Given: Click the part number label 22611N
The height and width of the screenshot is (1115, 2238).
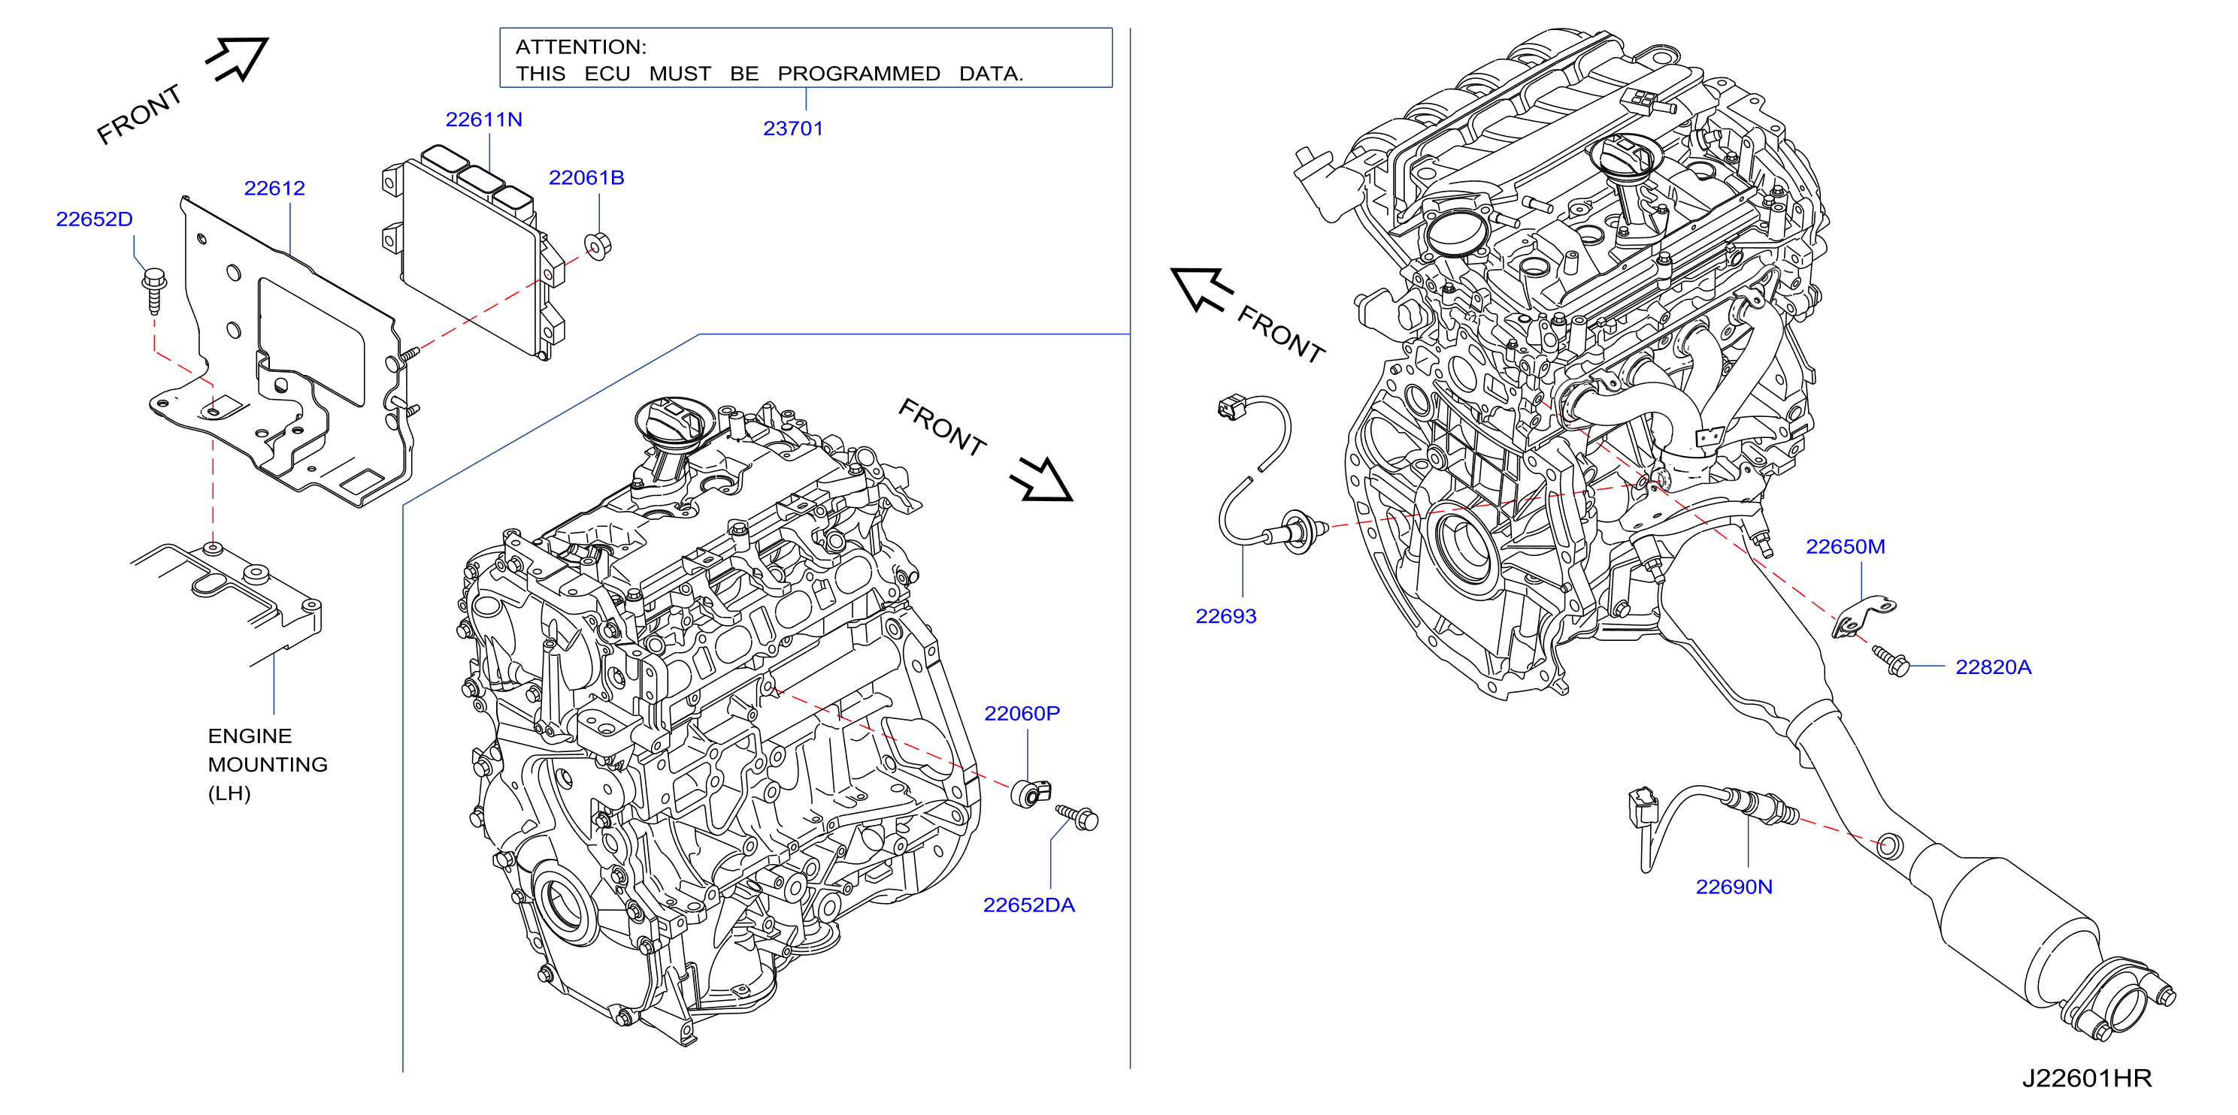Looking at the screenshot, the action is point(483,119).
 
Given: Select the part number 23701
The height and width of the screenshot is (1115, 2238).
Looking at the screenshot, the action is point(792,128).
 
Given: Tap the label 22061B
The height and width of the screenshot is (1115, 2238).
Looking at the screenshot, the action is point(586,178).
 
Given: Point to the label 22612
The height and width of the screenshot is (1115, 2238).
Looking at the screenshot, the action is point(274,189).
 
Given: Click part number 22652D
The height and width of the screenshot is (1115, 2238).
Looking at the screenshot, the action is point(94,219).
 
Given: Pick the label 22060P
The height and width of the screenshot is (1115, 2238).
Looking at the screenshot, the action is point(1022,714).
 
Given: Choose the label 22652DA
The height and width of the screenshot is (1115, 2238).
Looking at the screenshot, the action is point(1028,905).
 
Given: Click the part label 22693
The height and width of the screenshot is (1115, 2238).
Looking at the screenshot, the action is point(1226,617).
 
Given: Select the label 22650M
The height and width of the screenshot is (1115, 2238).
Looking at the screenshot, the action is point(1846,547).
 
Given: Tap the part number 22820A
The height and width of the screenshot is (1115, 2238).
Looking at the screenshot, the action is point(1993,668).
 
